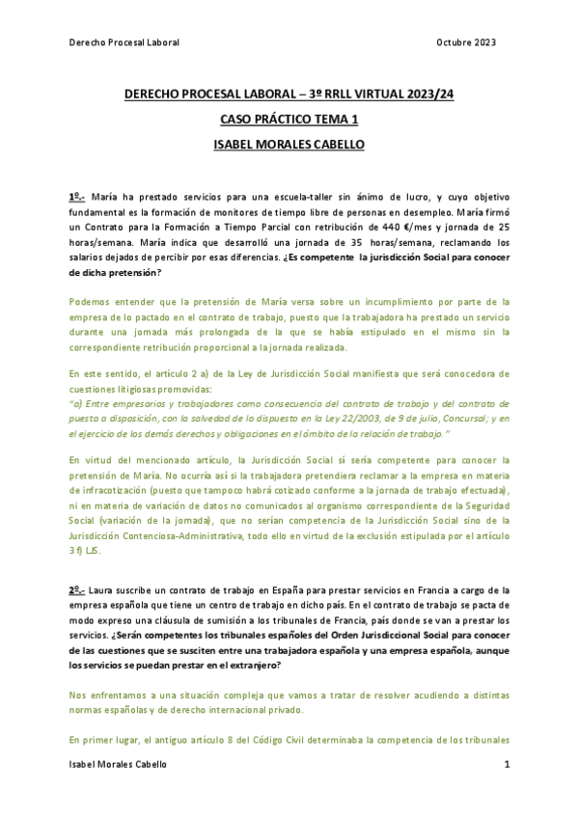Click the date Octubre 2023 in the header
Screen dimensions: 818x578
(466, 42)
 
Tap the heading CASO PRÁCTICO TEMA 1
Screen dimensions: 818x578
(289, 120)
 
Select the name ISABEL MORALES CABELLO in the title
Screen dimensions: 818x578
(289, 145)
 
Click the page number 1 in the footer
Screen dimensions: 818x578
(507, 764)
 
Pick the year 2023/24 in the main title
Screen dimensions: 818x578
(431, 95)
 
